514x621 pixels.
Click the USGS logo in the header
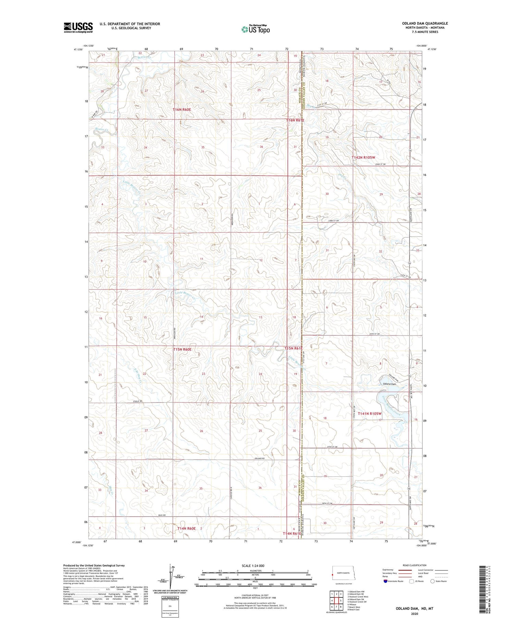pos(78,27)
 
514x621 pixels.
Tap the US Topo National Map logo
pos(255,29)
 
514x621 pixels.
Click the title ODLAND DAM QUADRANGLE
pos(425,23)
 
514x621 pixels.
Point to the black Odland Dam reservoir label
pos(389,384)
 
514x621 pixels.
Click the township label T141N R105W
pos(369,413)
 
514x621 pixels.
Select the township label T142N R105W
pos(364,158)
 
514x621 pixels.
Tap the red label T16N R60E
pos(182,110)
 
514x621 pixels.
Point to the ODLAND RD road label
pos(259,458)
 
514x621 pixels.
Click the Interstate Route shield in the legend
pos(385,581)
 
